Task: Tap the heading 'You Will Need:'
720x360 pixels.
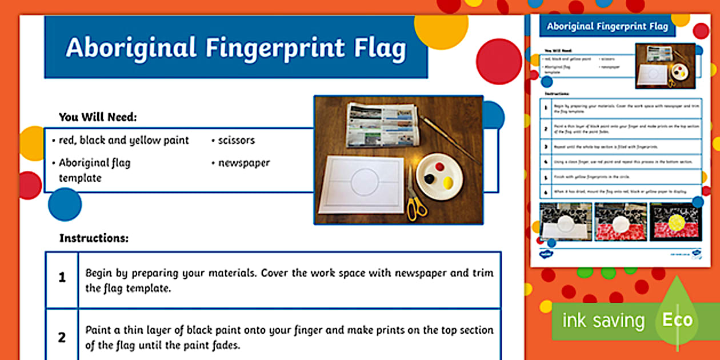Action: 98,117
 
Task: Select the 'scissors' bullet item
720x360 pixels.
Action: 236,140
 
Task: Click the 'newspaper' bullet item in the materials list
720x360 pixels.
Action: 243,163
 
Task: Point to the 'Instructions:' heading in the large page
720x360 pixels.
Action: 94,238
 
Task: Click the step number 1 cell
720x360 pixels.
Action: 62,278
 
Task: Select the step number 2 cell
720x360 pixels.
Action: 62,337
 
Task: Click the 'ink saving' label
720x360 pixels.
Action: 603,321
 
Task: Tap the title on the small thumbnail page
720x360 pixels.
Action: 607,26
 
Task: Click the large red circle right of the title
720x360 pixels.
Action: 498,61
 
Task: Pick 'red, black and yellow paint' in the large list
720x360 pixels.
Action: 123,140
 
